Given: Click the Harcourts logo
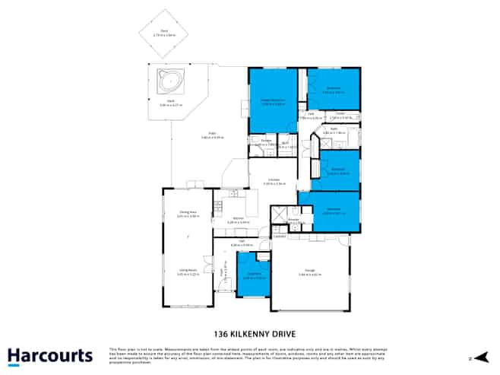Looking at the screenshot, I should [50, 355].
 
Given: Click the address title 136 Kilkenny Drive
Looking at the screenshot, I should [249, 332].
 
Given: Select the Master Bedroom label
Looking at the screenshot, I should [273, 102].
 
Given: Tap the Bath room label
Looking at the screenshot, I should [335, 130].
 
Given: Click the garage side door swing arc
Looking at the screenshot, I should [344, 241].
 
